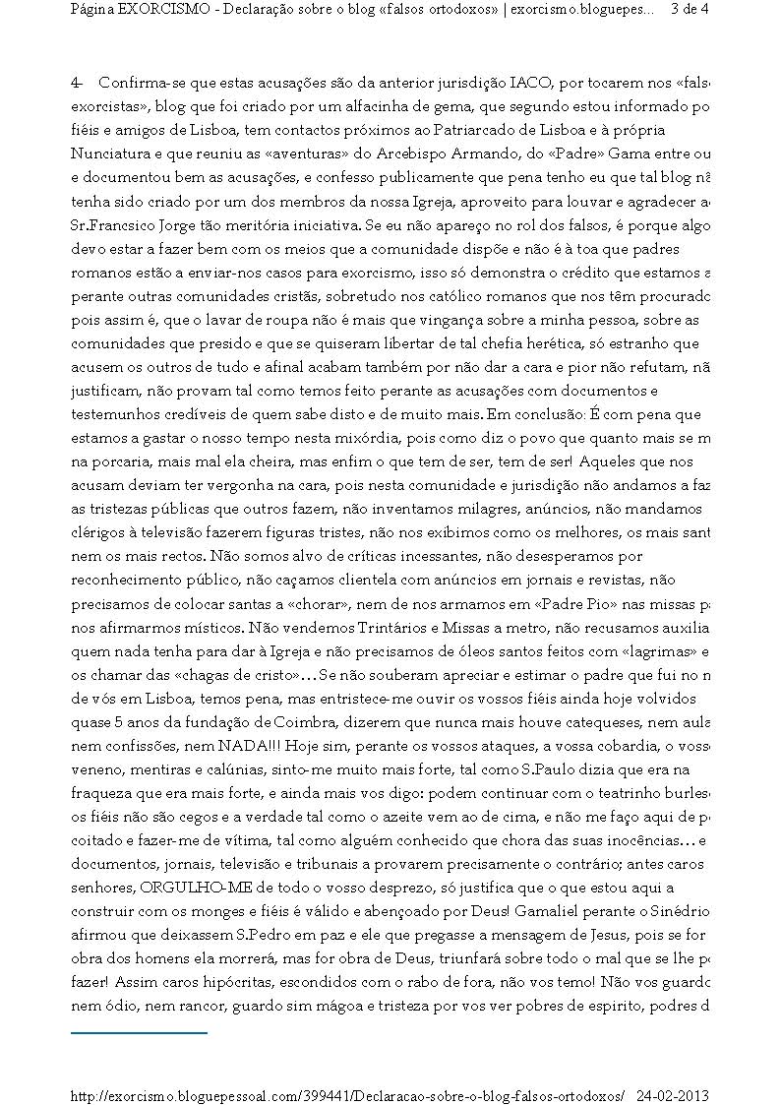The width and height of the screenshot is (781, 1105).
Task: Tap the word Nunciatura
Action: pos(109,153)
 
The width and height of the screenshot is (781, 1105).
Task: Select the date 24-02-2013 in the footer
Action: pos(673,1095)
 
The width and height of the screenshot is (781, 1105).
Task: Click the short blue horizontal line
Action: pos(139,1033)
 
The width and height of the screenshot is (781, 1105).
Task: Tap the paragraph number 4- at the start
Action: pos(77,85)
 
